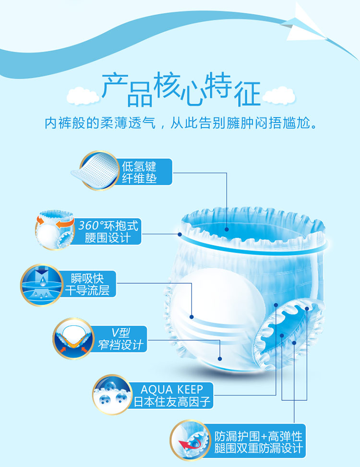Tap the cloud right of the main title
279,96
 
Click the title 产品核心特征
181,89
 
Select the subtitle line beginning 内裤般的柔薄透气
181,123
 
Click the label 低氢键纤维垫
139,172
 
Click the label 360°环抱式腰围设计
108,231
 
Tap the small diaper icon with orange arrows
55,229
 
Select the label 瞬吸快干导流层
87,284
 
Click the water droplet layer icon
41,285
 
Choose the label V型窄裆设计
120,339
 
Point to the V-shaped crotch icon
73,339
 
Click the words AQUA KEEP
172,389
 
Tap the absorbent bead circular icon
112,395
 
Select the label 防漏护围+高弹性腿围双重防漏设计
258,442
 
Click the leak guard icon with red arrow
191,440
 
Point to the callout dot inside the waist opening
227,229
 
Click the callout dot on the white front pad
192,317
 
